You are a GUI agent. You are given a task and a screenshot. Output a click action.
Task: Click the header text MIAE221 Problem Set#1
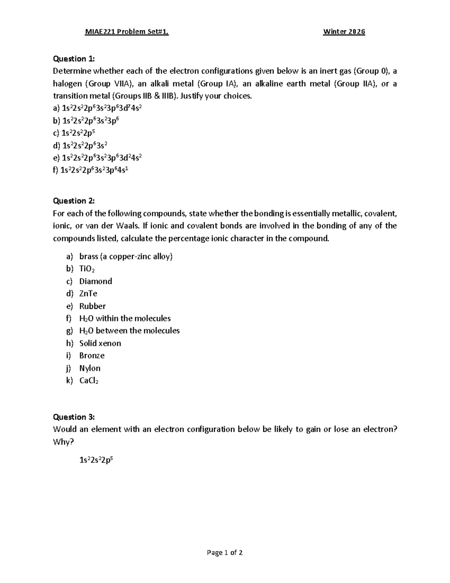pos(127,32)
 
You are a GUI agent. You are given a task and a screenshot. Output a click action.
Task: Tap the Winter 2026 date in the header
pos(344,32)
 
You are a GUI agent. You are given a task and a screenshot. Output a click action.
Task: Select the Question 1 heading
pos(74,59)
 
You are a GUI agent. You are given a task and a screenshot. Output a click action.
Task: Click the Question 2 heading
pos(74,201)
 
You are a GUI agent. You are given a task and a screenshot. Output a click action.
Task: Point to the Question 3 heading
pos(74,417)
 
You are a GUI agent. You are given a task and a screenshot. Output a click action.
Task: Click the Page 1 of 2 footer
pos(225,553)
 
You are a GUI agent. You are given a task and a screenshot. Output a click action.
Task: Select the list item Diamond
pos(96,281)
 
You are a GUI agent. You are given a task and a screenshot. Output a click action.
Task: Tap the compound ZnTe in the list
pos(88,294)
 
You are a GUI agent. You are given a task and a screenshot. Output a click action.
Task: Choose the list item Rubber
pos(92,306)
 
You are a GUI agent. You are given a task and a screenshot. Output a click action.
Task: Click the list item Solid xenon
pos(100,343)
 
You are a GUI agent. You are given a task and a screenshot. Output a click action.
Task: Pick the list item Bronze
pos(92,356)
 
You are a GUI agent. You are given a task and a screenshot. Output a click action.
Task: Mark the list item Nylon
pos(90,368)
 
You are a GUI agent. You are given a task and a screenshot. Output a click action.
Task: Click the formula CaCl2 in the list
pos(89,381)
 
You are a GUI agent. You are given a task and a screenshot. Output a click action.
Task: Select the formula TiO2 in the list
pos(87,269)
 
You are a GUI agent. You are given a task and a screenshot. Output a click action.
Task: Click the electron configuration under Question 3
pos(96,460)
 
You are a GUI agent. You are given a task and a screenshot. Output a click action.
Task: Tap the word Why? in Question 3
pos(63,442)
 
